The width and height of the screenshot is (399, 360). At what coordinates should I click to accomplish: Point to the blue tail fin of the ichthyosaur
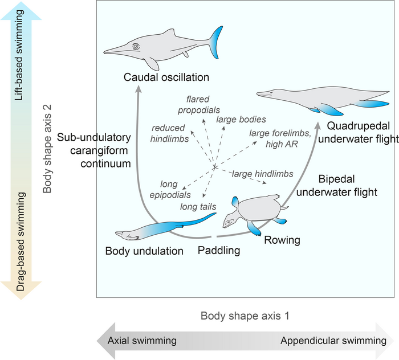215,40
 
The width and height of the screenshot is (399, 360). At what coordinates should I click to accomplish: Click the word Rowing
282,240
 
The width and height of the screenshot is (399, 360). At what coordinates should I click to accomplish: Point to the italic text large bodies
241,120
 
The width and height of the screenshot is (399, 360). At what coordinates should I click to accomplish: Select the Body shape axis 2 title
48,150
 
